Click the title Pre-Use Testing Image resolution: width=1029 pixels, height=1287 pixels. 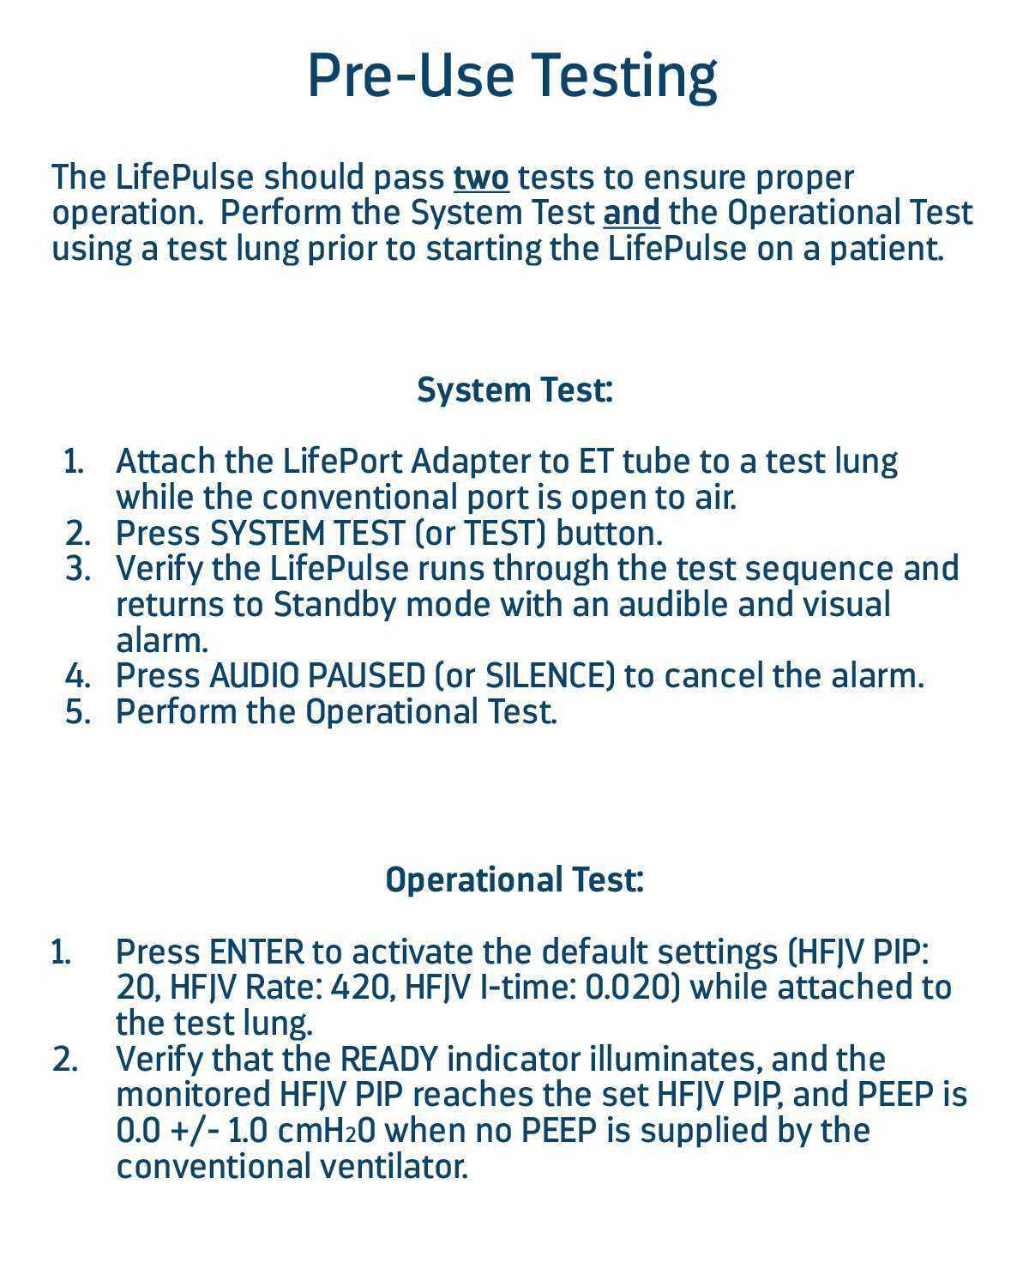[x=512, y=76]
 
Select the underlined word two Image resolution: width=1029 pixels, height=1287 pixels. [x=481, y=178]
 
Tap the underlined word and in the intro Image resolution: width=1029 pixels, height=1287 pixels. [x=632, y=213]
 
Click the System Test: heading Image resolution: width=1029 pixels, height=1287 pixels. [x=514, y=390]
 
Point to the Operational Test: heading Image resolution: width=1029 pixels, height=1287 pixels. [x=514, y=880]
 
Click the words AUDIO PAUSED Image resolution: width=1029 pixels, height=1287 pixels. [x=317, y=676]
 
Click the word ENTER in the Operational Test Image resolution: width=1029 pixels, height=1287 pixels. [x=256, y=952]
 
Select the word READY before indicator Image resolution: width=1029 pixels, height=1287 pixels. [x=388, y=1060]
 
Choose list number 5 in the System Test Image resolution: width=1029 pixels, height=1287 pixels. [x=77, y=712]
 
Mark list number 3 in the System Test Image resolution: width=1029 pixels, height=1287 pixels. [x=77, y=569]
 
